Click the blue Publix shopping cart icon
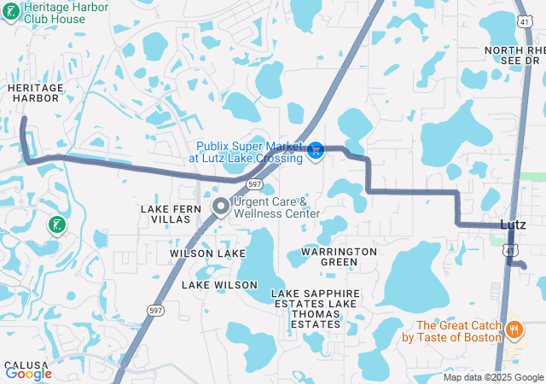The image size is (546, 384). tap(316, 150)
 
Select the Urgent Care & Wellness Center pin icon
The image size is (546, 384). tap(221, 207)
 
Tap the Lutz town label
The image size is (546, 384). tap(512, 224)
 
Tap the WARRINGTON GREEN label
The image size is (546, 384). tap(339, 257)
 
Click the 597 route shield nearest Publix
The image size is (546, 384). tap(254, 184)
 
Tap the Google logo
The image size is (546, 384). tap(28, 373)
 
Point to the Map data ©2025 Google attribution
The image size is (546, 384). tap(493, 377)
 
